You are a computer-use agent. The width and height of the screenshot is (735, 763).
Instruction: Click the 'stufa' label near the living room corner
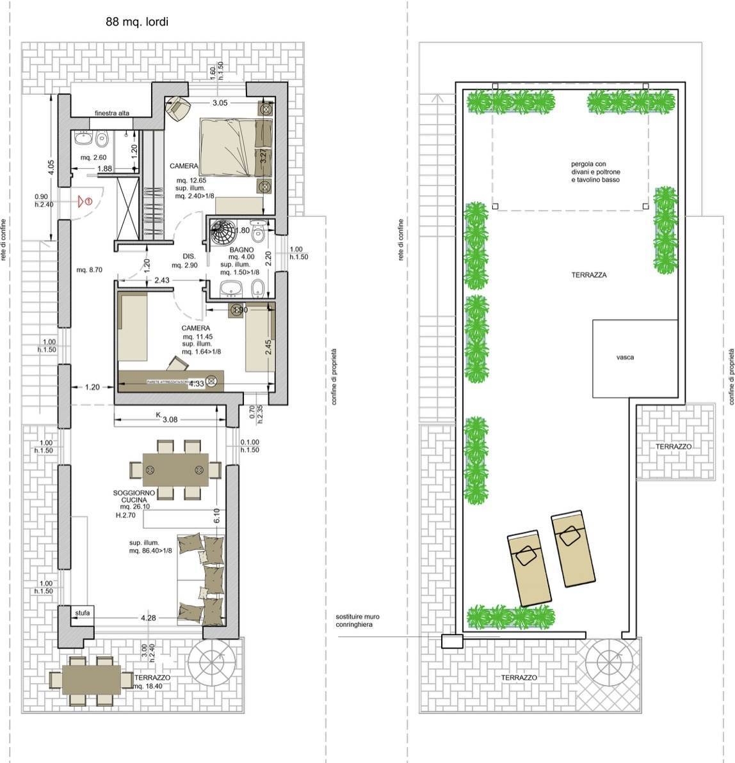[x=82, y=613]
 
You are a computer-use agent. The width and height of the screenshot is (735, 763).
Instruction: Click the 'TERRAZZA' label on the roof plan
[x=589, y=275]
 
